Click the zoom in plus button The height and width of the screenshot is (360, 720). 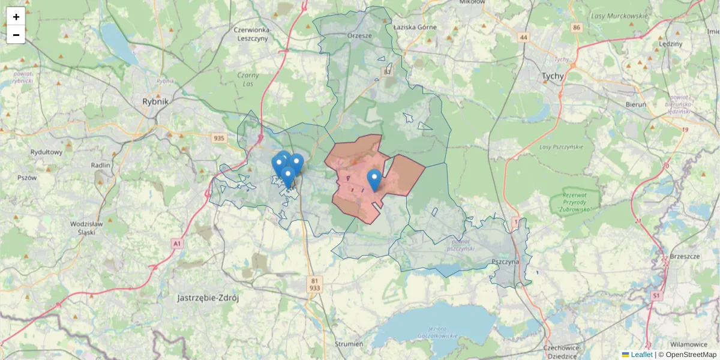click(x=16, y=17)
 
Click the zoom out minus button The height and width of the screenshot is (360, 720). click(x=16, y=35)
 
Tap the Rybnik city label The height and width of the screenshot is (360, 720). click(x=155, y=101)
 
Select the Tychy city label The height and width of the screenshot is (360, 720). click(x=553, y=76)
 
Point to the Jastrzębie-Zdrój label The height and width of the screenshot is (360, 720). click(x=208, y=298)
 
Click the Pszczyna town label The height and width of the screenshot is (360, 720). click(x=503, y=262)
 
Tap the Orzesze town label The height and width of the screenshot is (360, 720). click(x=360, y=35)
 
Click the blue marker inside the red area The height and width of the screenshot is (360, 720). click(x=374, y=179)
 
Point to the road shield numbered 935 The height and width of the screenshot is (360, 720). click(x=219, y=139)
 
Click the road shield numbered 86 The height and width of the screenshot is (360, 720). click(x=577, y=28)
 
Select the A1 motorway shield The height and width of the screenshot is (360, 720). click(x=176, y=244)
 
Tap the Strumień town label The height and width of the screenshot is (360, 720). click(x=349, y=344)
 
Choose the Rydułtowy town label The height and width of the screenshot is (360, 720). click(x=47, y=152)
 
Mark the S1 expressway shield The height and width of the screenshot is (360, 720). click(x=656, y=296)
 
